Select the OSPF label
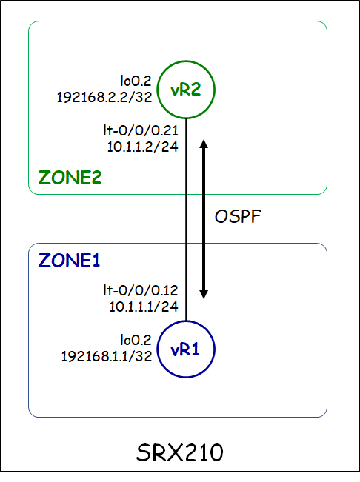[238, 217]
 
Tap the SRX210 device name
[180, 452]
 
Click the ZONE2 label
[70, 178]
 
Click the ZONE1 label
[70, 261]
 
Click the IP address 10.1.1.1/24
[142, 304]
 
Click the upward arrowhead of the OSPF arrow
[204, 143]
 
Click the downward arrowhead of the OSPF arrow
[204, 294]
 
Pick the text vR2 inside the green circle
[185, 90]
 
